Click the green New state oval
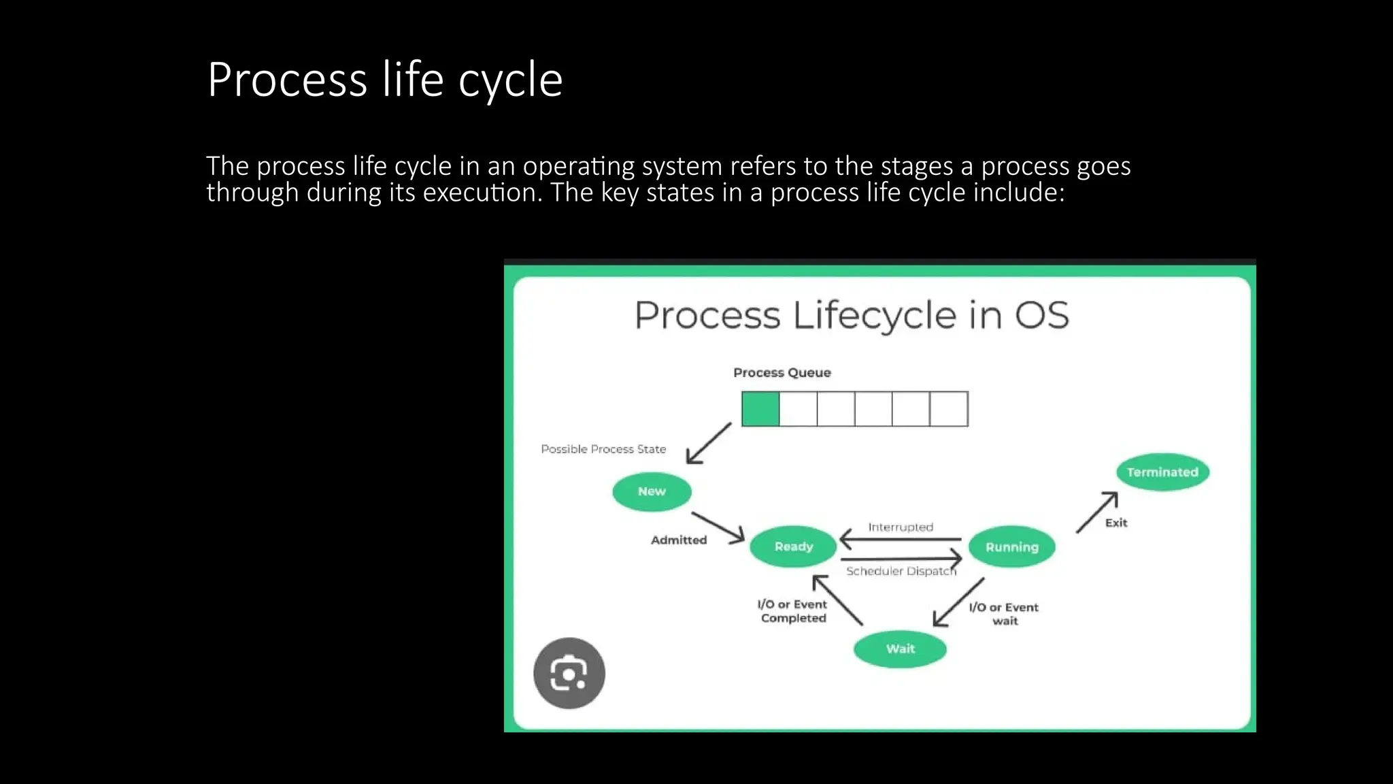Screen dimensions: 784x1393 click(x=652, y=491)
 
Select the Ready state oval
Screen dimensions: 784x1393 click(x=793, y=546)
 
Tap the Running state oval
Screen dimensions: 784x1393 click(x=1011, y=547)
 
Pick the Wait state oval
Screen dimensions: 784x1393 click(x=900, y=649)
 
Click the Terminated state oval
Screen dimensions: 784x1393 click(x=1162, y=472)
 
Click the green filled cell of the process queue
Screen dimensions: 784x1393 click(x=760, y=409)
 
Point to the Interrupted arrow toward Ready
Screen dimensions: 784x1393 click(x=900, y=539)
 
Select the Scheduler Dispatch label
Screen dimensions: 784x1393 click(x=901, y=572)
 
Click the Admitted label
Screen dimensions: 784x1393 click(x=679, y=540)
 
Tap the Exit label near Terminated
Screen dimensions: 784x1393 click(x=1116, y=523)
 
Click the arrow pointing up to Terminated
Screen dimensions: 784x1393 click(x=1097, y=512)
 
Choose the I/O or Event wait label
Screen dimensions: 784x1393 click(x=1004, y=614)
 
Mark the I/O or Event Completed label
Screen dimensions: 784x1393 click(x=792, y=611)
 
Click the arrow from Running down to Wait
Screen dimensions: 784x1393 click(x=958, y=602)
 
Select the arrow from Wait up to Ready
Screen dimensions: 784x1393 click(x=838, y=600)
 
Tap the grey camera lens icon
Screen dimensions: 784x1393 click(x=569, y=673)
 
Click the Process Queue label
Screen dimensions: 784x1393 click(x=782, y=372)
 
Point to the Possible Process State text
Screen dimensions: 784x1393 click(x=603, y=449)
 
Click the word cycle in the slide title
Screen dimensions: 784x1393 click(x=510, y=80)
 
